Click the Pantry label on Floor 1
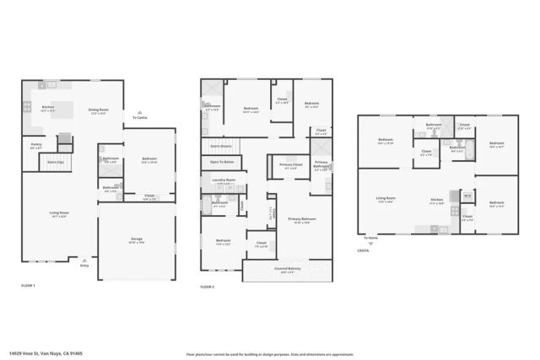pyautogui.click(x=36, y=146)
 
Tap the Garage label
pyautogui.click(x=136, y=240)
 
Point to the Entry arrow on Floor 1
pyautogui.click(x=84, y=261)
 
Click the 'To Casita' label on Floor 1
pyautogui.click(x=139, y=117)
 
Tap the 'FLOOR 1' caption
pyautogui.click(x=29, y=287)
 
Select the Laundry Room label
pyautogui.click(x=224, y=180)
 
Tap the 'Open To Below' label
pyautogui.click(x=222, y=161)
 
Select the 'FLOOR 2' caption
pyautogui.click(x=208, y=287)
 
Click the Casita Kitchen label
pyautogui.click(x=436, y=201)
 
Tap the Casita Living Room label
pyautogui.click(x=386, y=199)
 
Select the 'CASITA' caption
pyautogui.click(x=364, y=250)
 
